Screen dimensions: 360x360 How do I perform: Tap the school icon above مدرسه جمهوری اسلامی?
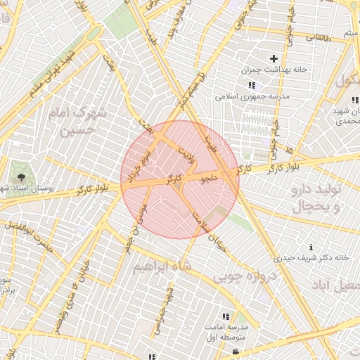coord(251,86)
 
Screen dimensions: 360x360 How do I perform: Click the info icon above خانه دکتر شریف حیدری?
coord(311,247)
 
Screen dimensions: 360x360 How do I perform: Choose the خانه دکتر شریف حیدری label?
coord(314,258)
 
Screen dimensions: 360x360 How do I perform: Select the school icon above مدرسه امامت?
coord(226,317)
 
